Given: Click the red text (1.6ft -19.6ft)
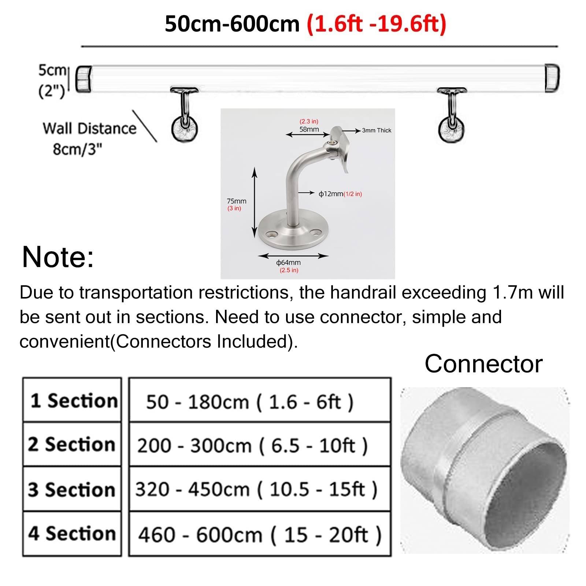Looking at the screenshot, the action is pyautogui.click(x=377, y=24).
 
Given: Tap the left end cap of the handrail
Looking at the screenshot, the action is pyautogui.click(x=84, y=79).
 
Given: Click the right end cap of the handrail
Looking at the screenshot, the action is pyautogui.click(x=552, y=78).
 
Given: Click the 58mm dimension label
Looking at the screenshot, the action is pyautogui.click(x=309, y=129).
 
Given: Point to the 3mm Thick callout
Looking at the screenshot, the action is pyautogui.click(x=377, y=130).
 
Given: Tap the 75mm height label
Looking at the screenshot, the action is pyautogui.click(x=237, y=201).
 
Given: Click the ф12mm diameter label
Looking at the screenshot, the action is pyautogui.click(x=340, y=194).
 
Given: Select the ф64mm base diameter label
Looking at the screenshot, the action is pyautogui.click(x=289, y=263).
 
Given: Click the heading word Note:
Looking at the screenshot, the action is pyautogui.click(x=58, y=257).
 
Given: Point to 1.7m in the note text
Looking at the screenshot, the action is pyautogui.click(x=513, y=293).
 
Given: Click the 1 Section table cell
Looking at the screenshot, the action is pyautogui.click(x=72, y=400).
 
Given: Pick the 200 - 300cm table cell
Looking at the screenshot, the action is pyautogui.click(x=260, y=445).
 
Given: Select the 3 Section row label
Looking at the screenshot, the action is pyautogui.click(x=72, y=489).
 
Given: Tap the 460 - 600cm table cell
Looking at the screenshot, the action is pyautogui.click(x=260, y=534).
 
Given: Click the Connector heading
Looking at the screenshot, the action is pyautogui.click(x=483, y=364).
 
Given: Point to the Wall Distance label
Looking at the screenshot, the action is pyautogui.click(x=89, y=129).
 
